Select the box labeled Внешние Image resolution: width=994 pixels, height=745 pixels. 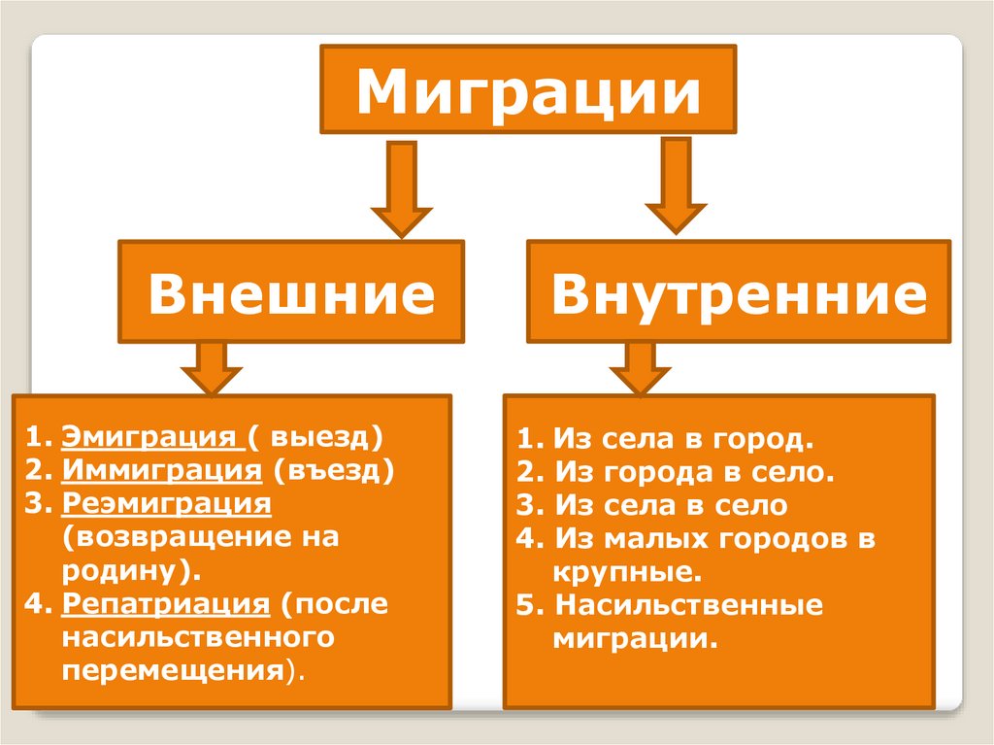click(291, 293)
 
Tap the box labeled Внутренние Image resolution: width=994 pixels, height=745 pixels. click(739, 293)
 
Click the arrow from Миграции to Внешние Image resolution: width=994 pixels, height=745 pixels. click(401, 189)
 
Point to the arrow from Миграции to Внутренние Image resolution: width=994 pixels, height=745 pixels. click(675, 186)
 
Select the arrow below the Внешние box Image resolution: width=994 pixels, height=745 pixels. click(211, 368)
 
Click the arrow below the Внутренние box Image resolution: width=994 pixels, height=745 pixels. click(638, 368)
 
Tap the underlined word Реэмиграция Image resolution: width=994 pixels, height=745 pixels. click(166, 503)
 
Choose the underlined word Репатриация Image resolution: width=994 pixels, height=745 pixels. click(165, 603)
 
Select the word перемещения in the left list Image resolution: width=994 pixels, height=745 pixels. click(175, 670)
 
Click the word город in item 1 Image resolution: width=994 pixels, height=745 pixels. click(755, 440)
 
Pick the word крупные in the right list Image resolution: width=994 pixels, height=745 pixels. click(627, 572)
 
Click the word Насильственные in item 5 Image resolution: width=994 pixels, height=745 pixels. click(688, 606)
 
